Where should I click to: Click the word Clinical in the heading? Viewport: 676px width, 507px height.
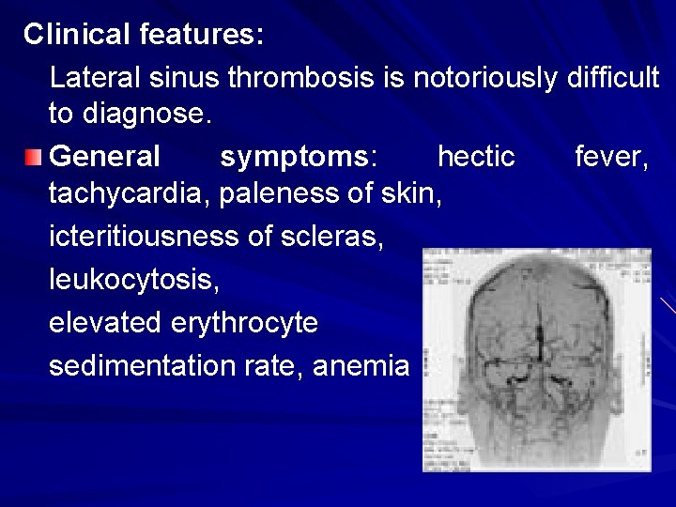click(x=77, y=35)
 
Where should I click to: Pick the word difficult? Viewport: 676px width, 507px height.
click(x=613, y=77)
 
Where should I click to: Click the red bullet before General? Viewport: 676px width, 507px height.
click(x=34, y=155)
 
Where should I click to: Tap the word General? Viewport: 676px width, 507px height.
click(x=104, y=155)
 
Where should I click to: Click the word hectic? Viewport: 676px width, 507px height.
click(x=476, y=155)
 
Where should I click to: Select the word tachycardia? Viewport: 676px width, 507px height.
click(x=131, y=195)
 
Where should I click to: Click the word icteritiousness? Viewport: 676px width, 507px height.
click(x=144, y=238)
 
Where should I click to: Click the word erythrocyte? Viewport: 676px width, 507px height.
click(x=244, y=323)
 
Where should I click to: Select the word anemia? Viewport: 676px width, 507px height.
click(x=361, y=365)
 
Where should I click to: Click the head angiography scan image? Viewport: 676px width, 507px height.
click(x=536, y=360)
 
